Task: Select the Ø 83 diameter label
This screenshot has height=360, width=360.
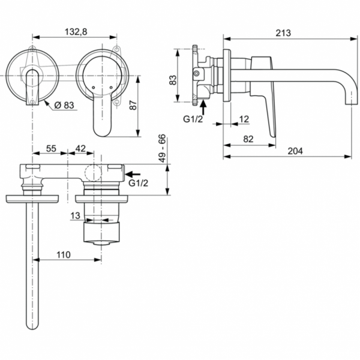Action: (64, 105)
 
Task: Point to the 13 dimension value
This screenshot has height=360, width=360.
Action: (75, 215)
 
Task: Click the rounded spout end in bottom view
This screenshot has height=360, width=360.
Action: (31, 324)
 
